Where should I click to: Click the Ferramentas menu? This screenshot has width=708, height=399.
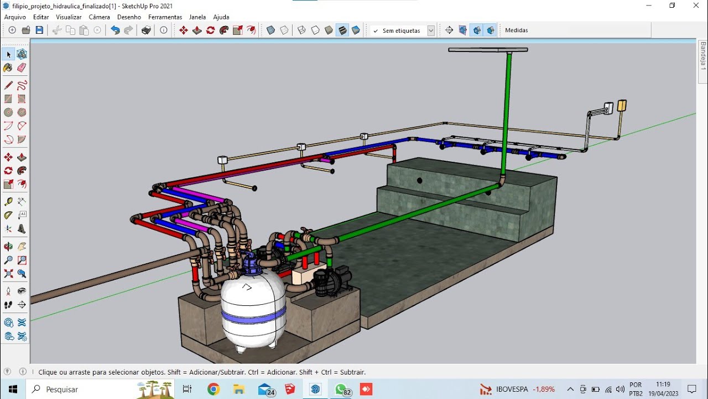[165, 17]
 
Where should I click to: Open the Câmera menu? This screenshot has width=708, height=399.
[99, 17]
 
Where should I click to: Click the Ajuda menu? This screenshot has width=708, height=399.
[221, 17]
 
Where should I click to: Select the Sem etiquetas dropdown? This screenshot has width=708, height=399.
[403, 30]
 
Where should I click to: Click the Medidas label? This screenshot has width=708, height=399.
[516, 30]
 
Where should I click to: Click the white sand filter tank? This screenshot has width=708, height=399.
[253, 310]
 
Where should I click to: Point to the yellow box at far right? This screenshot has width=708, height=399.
[622, 106]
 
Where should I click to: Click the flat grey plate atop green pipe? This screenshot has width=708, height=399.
[487, 50]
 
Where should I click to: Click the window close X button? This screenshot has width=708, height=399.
[696, 5]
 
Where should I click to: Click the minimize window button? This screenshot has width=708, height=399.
[648, 5]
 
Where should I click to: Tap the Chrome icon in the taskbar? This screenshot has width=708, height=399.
[214, 389]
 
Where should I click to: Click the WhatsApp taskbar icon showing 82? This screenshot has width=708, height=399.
[341, 389]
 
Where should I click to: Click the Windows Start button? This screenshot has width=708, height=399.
[12, 389]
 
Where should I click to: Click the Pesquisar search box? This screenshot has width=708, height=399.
[83, 389]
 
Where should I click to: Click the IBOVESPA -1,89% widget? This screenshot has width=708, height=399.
[517, 389]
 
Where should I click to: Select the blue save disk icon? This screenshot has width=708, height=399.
[39, 30]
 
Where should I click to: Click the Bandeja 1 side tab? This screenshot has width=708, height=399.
[703, 55]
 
